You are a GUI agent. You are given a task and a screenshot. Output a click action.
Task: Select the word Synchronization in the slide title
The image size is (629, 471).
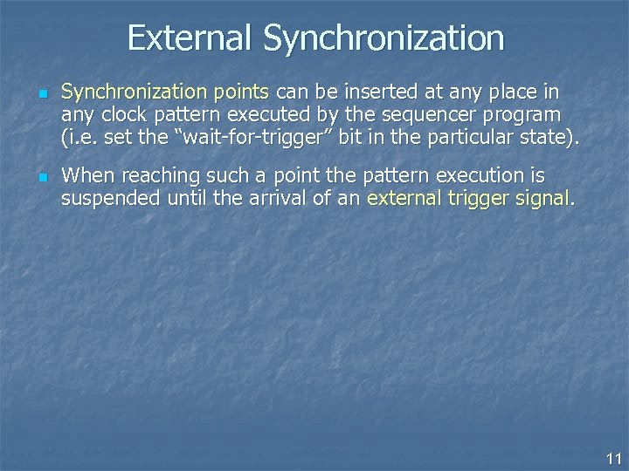click(384, 38)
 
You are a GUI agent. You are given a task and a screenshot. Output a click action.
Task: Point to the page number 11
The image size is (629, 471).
click(612, 458)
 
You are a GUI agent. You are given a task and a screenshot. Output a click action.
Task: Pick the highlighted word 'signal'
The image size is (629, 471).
click(543, 198)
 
